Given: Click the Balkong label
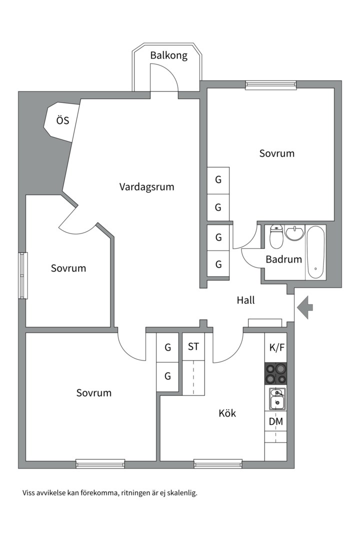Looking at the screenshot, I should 169,55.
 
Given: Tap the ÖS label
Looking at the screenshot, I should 62,120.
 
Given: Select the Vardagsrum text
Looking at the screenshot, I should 146,187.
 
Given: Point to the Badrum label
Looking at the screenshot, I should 283,259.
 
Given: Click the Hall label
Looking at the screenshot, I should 245,300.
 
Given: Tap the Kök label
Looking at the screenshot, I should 227,413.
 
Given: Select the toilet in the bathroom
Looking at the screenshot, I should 276,237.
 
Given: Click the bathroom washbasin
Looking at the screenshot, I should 294,233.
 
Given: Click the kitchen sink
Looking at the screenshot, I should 276,399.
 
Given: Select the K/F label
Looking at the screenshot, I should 277,347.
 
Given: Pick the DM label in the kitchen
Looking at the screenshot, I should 275,421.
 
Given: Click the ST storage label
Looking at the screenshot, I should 193,346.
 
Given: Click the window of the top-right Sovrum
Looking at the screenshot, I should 270,85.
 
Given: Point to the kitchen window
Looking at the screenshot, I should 217,463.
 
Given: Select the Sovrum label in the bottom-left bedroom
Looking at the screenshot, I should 94,393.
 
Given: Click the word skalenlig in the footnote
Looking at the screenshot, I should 181,493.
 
